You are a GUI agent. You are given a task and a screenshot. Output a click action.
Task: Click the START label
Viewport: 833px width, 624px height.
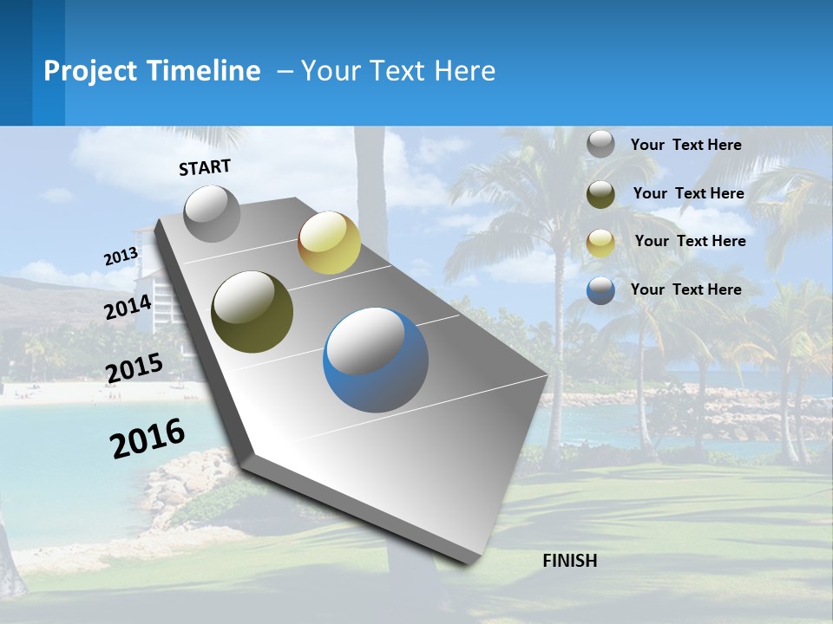click(205, 167)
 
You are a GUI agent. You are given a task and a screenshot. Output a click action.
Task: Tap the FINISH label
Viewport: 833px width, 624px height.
click(569, 560)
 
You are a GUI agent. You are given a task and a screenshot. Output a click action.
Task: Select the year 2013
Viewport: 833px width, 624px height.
click(121, 256)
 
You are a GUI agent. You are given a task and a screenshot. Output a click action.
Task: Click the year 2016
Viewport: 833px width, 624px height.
click(148, 438)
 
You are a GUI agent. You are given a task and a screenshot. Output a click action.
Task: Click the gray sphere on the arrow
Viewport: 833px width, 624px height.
click(212, 213)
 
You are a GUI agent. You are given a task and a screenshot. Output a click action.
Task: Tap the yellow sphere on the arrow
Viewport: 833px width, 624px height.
click(329, 243)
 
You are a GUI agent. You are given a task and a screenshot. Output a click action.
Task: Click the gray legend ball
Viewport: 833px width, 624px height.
click(600, 144)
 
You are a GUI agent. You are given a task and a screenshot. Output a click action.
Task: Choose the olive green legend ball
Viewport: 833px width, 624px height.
click(600, 194)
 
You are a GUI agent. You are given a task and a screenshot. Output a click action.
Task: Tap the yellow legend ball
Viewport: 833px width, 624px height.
click(600, 243)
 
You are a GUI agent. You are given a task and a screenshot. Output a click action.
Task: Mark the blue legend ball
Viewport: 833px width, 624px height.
click(600, 290)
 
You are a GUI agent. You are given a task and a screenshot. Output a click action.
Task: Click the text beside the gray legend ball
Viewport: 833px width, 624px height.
click(685, 145)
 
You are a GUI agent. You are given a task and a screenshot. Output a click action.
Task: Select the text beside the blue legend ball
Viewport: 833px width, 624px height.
click(685, 289)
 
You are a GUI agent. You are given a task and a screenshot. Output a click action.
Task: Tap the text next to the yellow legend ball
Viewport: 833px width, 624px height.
click(690, 241)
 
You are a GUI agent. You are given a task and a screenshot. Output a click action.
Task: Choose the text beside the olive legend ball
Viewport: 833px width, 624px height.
click(688, 193)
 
